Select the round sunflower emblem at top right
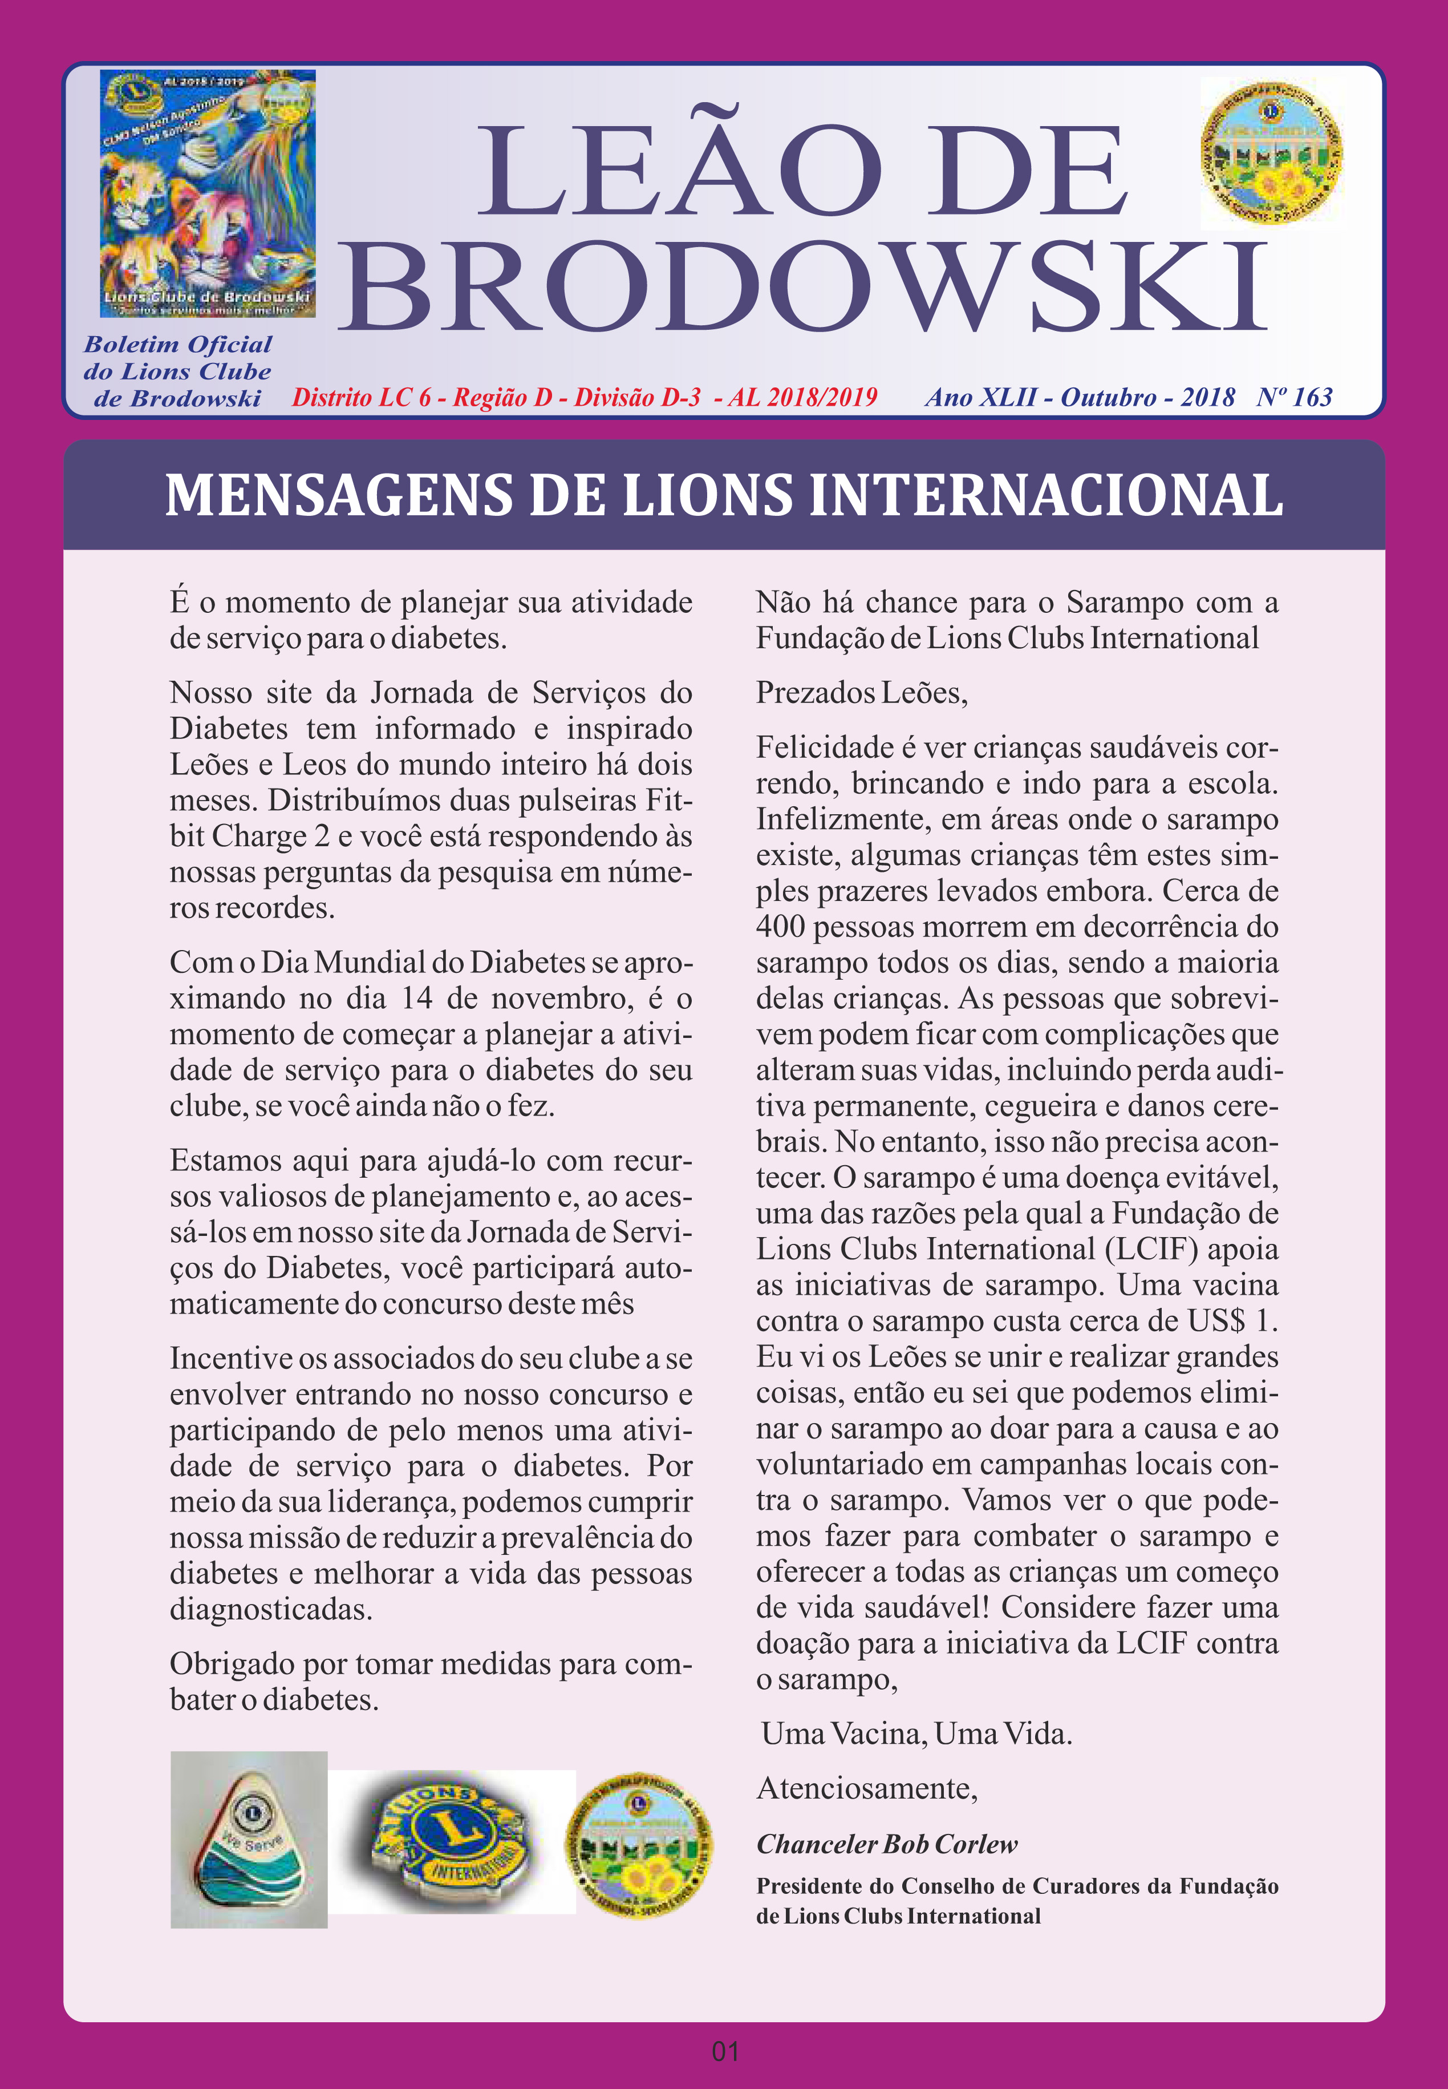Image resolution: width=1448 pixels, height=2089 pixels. coord(1271,152)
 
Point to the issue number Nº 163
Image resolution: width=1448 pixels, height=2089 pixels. coord(1294,398)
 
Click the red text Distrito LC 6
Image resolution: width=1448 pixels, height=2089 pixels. coord(361,398)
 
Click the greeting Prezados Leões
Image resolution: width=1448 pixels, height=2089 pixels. coord(861,693)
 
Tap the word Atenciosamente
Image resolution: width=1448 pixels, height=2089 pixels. coord(866,1789)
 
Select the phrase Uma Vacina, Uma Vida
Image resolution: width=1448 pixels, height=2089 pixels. coord(916,1734)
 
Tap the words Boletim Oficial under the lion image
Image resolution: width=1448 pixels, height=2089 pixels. coord(178,345)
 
